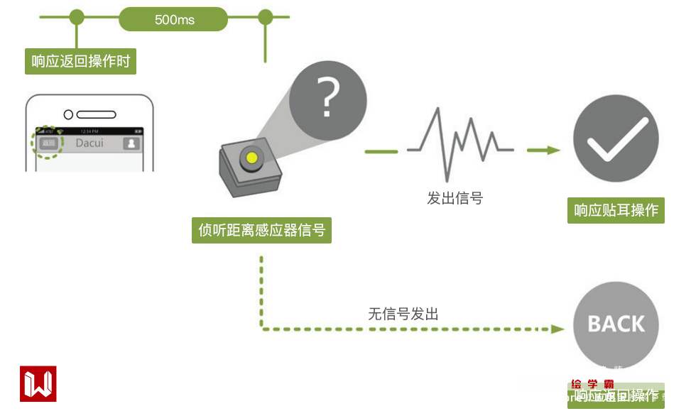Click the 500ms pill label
[173, 19]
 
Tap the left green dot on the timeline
[77, 16]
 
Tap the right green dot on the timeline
[265, 16]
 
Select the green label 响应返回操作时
[80, 61]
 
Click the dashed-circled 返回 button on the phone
[48, 143]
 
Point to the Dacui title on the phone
[89, 143]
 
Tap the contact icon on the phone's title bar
[131, 143]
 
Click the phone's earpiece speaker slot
[97, 114]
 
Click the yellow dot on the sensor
[251, 158]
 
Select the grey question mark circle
[327, 99]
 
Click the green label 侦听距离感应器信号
[261, 230]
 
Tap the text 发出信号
[455, 198]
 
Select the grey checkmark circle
[616, 138]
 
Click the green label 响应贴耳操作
[616, 210]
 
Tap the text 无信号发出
[403, 313]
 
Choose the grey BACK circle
[616, 324]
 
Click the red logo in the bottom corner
[38, 384]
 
